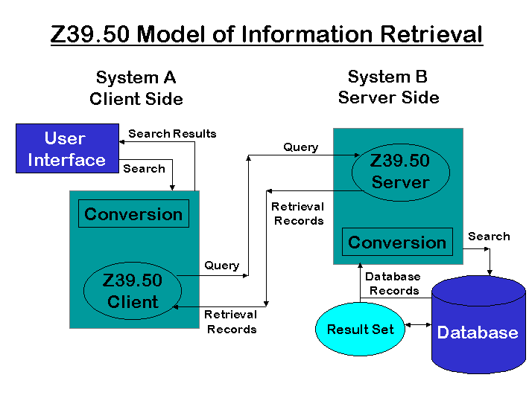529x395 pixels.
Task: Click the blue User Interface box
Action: click(x=65, y=149)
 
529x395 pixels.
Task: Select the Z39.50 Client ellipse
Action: click(x=133, y=291)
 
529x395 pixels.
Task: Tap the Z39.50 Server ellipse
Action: click(x=400, y=172)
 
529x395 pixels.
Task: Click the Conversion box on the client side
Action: click(x=133, y=214)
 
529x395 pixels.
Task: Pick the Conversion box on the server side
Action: click(x=397, y=243)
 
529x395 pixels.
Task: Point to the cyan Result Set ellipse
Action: click(x=360, y=329)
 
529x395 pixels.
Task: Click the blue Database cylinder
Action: click(x=477, y=331)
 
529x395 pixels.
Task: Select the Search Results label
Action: click(x=172, y=134)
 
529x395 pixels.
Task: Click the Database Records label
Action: click(x=393, y=283)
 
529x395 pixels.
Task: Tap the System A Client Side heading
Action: click(x=136, y=89)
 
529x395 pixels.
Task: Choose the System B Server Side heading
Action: click(x=388, y=87)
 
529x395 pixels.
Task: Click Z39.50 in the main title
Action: click(x=91, y=34)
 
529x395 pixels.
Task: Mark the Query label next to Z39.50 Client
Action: click(x=221, y=266)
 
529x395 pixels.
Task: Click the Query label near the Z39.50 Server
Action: click(x=300, y=147)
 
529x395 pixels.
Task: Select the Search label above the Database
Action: click(x=489, y=237)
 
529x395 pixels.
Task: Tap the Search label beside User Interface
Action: click(x=144, y=169)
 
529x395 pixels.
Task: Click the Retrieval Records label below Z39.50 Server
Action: click(x=298, y=213)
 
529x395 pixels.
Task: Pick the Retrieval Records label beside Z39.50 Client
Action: click(x=231, y=321)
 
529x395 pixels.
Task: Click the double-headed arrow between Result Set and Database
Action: click(x=418, y=325)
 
